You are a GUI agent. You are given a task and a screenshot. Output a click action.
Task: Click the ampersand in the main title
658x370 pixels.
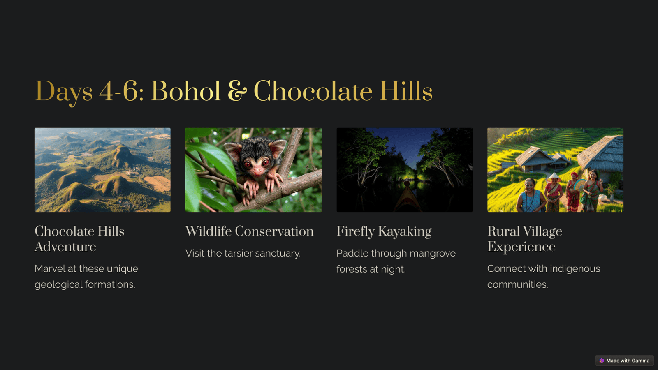[237, 91]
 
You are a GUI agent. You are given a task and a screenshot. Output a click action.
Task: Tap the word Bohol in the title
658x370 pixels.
[185, 91]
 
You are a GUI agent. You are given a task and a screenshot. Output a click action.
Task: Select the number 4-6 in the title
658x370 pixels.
[119, 91]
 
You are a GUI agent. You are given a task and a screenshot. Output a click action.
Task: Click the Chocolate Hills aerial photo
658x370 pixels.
[102, 170]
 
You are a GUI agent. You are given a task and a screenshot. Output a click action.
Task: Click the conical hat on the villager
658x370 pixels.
[554, 177]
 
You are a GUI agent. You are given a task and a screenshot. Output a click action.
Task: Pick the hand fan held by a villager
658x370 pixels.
[580, 185]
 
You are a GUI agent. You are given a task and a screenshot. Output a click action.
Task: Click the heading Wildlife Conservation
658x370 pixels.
[249, 231]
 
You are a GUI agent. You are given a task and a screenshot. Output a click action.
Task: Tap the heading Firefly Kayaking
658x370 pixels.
[384, 232]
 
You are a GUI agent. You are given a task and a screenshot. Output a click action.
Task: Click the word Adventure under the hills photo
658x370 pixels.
[65, 247]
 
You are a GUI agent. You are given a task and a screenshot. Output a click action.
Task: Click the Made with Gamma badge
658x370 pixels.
[624, 361]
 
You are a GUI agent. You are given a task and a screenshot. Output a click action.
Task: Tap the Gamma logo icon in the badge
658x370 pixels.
[602, 361]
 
